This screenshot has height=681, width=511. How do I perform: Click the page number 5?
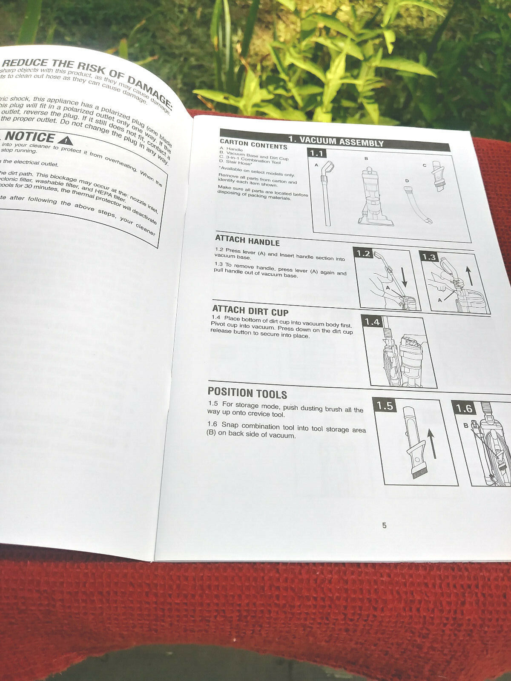click(384, 525)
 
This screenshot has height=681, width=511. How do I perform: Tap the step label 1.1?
click(317, 154)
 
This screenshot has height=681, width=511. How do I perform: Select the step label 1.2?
click(363, 254)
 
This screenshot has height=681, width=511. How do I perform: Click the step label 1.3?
click(429, 257)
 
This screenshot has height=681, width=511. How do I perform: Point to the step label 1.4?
click(372, 322)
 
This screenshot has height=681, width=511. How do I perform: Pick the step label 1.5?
click(385, 406)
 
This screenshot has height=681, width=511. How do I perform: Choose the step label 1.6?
click(464, 409)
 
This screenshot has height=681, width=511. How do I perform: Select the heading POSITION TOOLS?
click(247, 393)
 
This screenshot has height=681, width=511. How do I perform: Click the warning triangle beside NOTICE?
click(65, 140)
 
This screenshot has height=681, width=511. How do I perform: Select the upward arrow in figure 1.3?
click(469, 276)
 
